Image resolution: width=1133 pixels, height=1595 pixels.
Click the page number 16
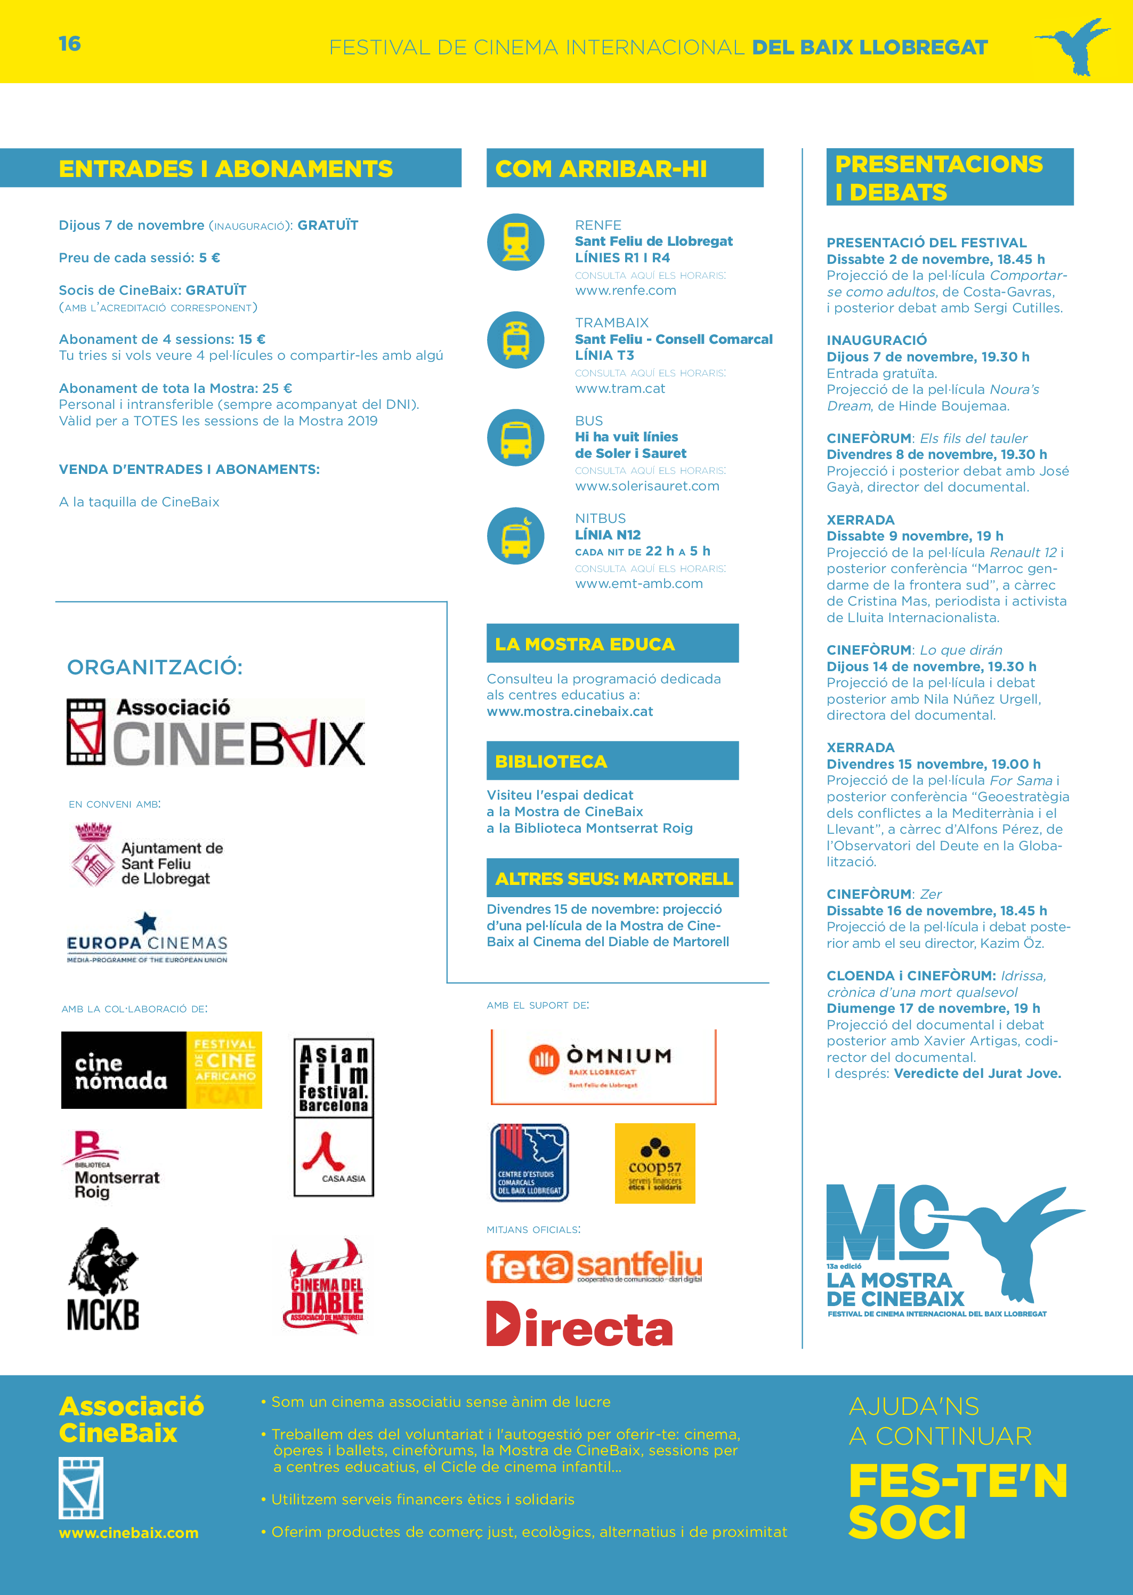pyautogui.click(x=70, y=44)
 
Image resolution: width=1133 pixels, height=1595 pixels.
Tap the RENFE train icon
pyautogui.click(x=515, y=242)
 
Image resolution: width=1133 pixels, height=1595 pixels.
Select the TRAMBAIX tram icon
pyautogui.click(x=515, y=340)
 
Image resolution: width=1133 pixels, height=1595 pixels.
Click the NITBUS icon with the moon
pyautogui.click(x=515, y=535)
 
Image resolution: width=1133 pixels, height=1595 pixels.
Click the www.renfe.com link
pyautogui.click(x=625, y=290)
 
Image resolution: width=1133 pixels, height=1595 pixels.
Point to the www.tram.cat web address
pyautogui.click(x=619, y=388)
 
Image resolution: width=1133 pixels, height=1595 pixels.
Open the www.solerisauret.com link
pyautogui.click(x=647, y=486)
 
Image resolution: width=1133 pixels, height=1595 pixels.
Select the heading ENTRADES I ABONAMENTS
pyautogui.click(x=225, y=169)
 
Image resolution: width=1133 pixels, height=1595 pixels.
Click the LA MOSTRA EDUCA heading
pyautogui.click(x=585, y=643)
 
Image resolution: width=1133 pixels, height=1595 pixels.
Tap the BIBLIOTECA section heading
pyautogui.click(x=551, y=761)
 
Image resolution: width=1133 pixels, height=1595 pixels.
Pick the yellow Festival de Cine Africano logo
pyautogui.click(x=224, y=1069)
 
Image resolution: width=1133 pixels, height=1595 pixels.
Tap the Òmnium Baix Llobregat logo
pyautogui.click(x=603, y=1067)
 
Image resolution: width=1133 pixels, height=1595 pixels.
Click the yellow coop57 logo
pyautogui.click(x=654, y=1163)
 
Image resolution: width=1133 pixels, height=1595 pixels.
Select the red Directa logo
pyautogui.click(x=579, y=1325)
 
